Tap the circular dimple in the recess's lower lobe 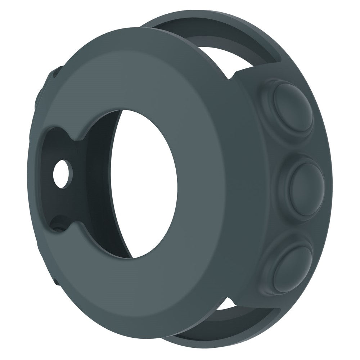pos(58,225)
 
